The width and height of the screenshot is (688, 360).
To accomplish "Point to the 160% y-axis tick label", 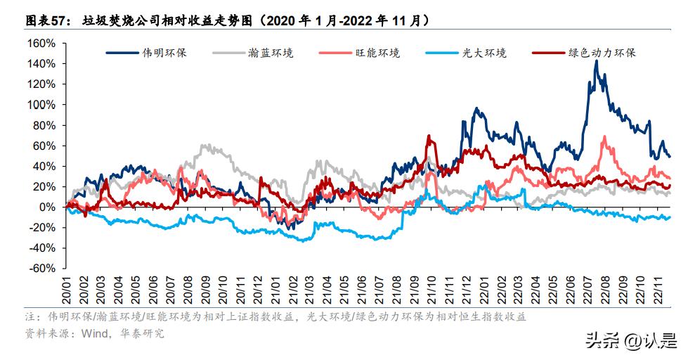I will click(40, 44).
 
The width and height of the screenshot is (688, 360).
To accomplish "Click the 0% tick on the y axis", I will click(48, 207).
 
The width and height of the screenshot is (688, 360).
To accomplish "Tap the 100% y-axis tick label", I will click(40, 105).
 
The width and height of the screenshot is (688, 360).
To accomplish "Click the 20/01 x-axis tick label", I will click(67, 290).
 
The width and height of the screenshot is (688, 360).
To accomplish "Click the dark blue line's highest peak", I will click(596, 61).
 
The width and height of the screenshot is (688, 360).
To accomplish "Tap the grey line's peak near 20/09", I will click(204, 145).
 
